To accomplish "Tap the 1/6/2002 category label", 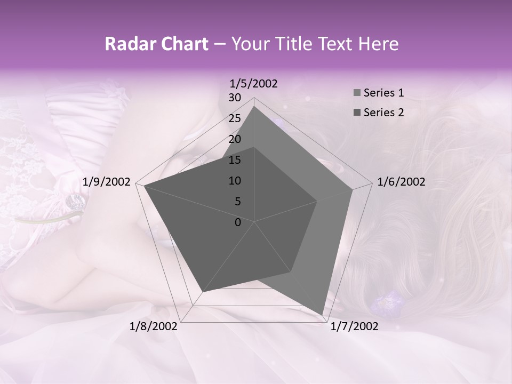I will (x=401, y=182).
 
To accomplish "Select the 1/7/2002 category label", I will (x=354, y=326).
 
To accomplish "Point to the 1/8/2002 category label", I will (x=154, y=326).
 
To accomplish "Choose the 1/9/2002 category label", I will (x=107, y=182).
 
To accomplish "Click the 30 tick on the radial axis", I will (x=235, y=98).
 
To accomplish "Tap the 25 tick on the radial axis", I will (x=235, y=118).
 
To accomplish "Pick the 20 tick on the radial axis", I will (x=235, y=139).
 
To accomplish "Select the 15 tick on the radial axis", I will (x=235, y=160).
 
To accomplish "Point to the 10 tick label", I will (x=235, y=181).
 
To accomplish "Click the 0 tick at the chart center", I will (x=238, y=222).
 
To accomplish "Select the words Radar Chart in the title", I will (x=156, y=44).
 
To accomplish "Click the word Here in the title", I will (x=378, y=44).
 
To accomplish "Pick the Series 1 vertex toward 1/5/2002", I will (x=254, y=106).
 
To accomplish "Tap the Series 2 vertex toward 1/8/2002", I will (x=202, y=293).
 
